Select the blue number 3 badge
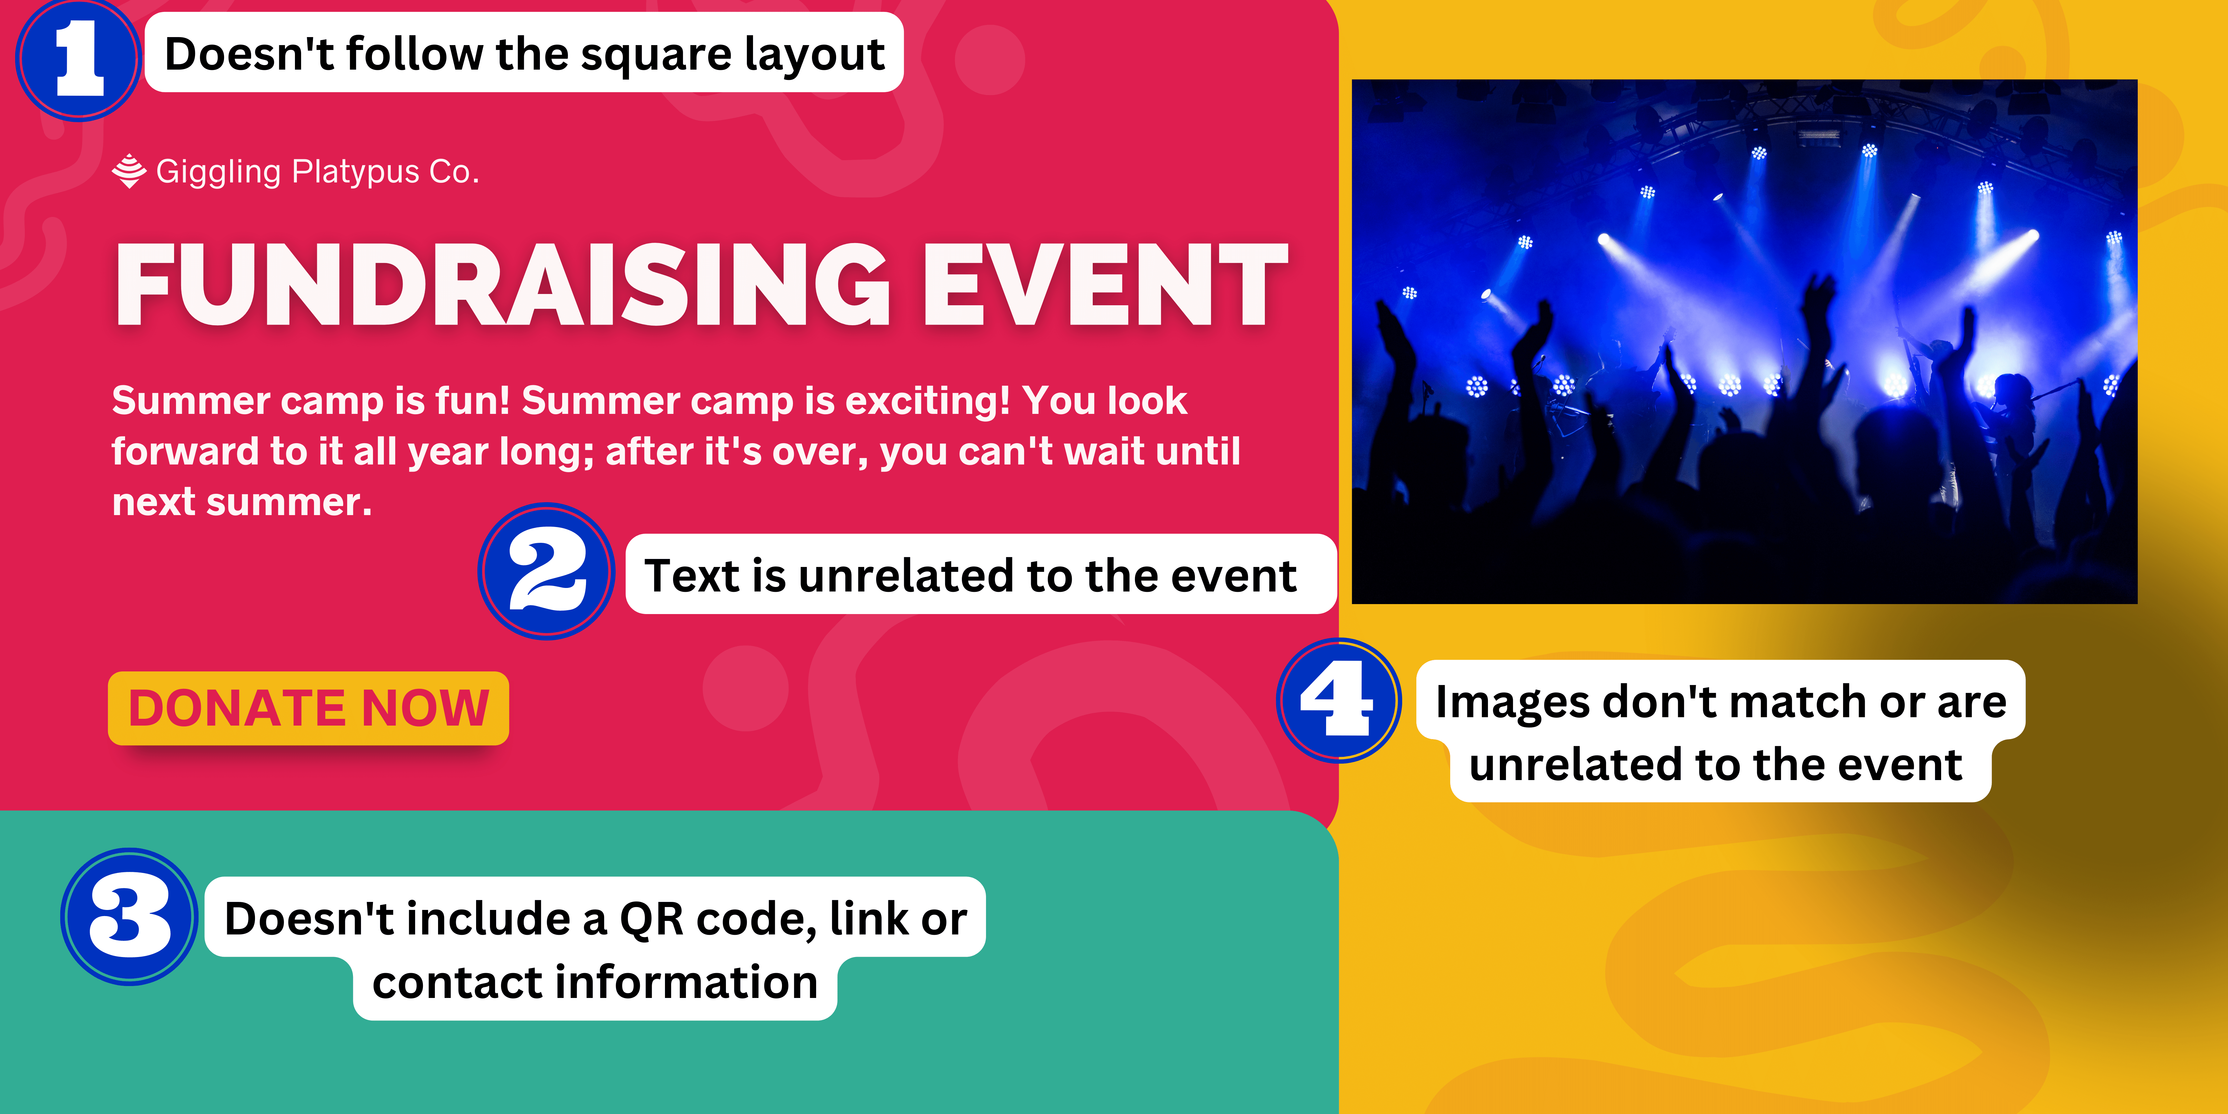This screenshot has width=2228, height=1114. (x=130, y=917)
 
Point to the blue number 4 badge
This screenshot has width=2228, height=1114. (x=1339, y=700)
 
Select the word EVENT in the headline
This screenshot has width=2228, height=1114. (x=1105, y=285)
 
